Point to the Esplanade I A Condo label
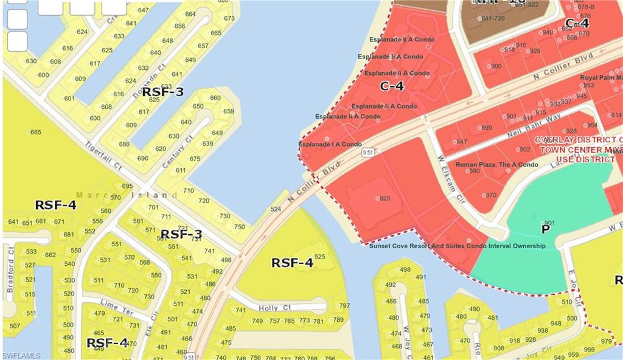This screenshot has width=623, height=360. pyautogui.click(x=330, y=144)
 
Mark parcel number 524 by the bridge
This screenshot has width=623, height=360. pyautogui.click(x=276, y=209)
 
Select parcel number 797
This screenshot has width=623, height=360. pyautogui.click(x=344, y=306)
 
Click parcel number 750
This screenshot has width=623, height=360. pyautogui.click(x=239, y=227)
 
